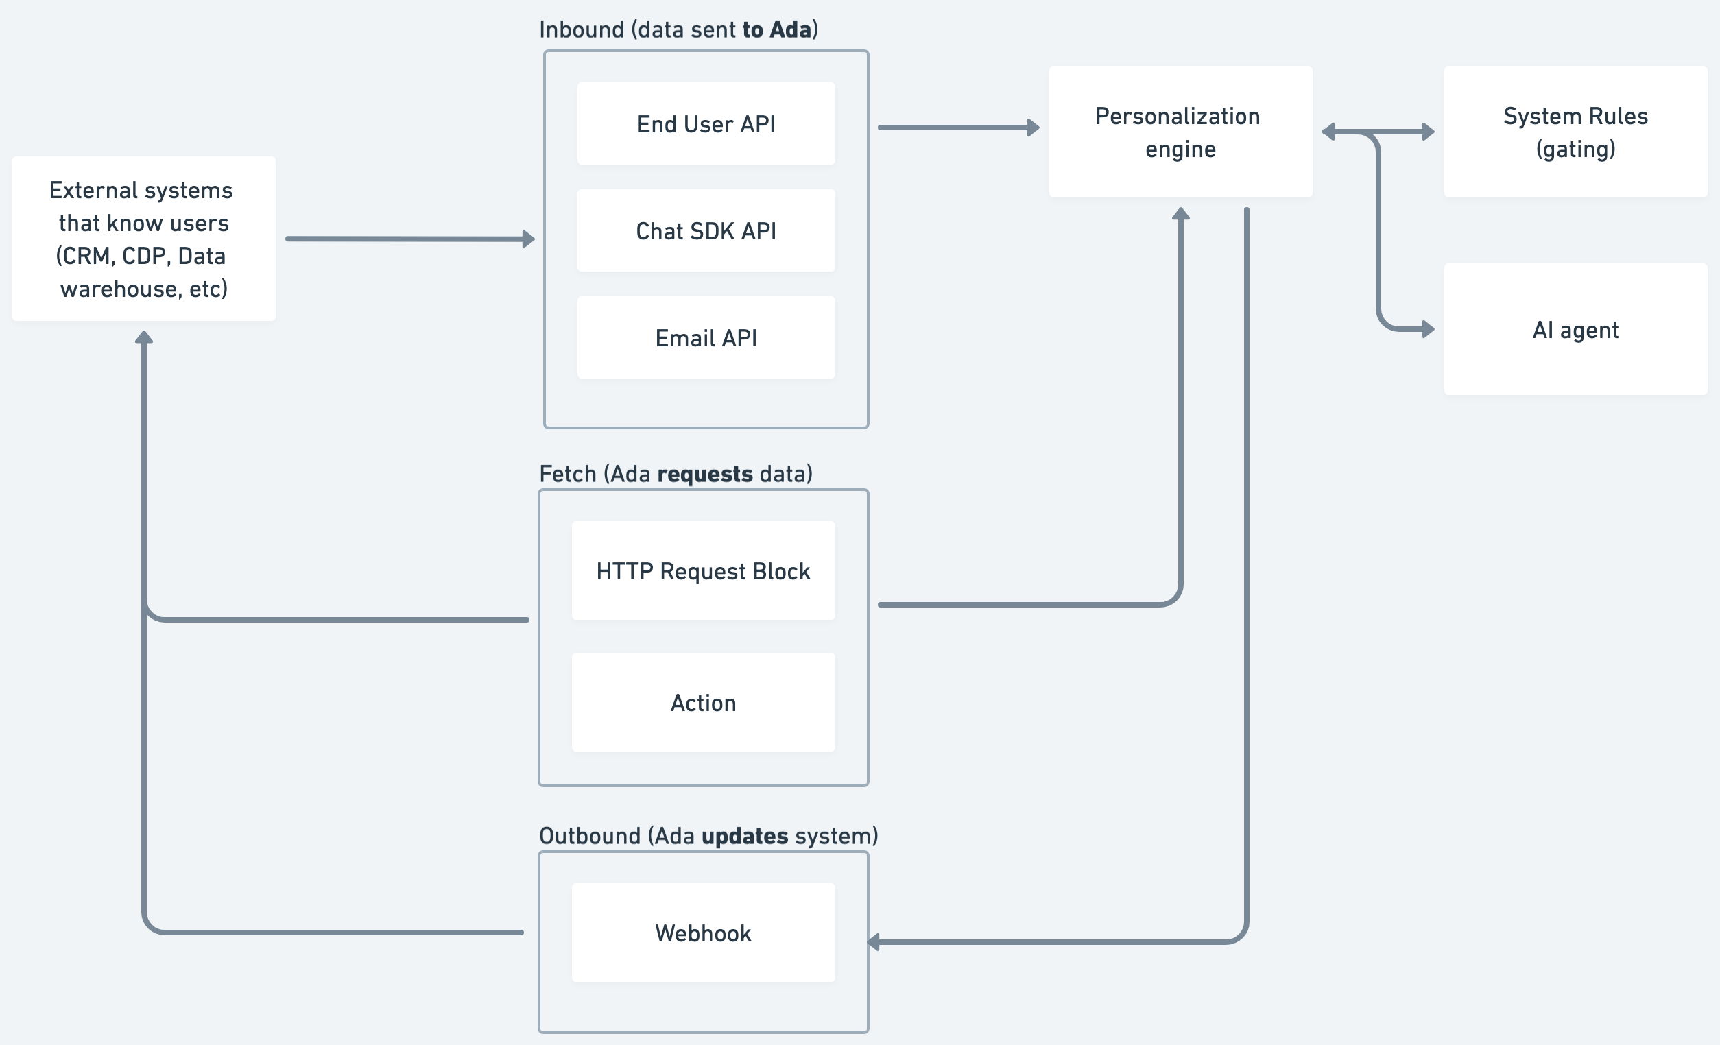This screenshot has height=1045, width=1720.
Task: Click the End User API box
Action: click(x=706, y=123)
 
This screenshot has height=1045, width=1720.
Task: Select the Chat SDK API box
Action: click(x=706, y=230)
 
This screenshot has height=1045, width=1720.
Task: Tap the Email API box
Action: click(x=706, y=337)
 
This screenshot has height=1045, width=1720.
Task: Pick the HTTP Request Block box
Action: click(x=703, y=570)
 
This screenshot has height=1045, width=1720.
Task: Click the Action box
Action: click(x=703, y=702)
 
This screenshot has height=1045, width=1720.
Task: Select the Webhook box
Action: click(x=703, y=933)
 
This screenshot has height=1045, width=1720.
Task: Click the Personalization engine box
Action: click(x=1180, y=132)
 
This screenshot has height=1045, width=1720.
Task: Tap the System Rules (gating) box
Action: click(x=1575, y=132)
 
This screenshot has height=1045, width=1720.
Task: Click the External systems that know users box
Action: click(x=144, y=239)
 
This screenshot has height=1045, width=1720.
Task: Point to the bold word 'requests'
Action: click(x=704, y=475)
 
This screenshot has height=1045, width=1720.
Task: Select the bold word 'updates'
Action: click(x=744, y=837)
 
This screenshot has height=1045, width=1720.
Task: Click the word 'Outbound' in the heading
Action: click(x=590, y=837)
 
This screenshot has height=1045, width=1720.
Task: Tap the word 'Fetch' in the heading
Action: click(x=568, y=475)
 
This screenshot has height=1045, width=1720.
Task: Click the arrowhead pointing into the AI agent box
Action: click(x=1428, y=328)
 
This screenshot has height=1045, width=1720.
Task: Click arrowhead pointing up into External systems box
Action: click(x=144, y=338)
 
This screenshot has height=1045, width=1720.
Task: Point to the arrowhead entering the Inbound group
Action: click(x=529, y=239)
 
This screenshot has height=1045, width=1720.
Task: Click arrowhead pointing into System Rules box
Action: click(x=1428, y=131)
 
